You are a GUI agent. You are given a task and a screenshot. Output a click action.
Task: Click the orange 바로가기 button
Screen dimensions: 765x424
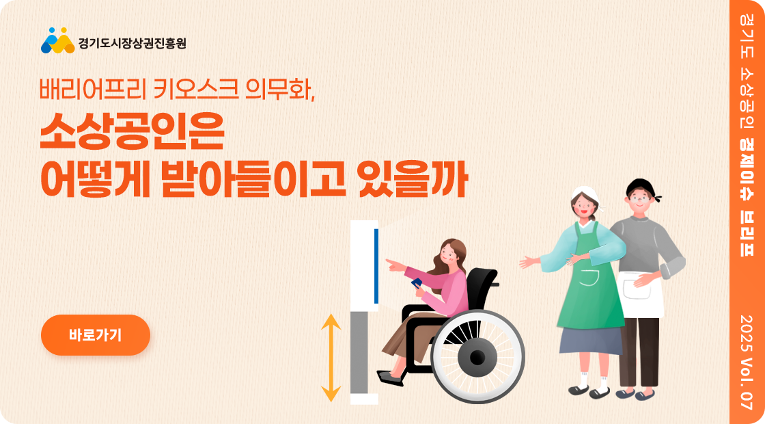(95, 335)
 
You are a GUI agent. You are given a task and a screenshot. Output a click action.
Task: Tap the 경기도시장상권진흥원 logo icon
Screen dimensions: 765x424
(57, 40)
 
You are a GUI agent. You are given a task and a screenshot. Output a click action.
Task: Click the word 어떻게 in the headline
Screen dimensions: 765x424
(95, 182)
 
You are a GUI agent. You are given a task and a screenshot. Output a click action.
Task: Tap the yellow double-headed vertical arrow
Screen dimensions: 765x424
(331, 358)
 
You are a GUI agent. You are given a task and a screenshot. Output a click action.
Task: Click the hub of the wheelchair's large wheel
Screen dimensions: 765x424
(477, 357)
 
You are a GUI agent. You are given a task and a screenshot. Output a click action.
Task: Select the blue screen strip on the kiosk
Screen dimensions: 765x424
(376, 266)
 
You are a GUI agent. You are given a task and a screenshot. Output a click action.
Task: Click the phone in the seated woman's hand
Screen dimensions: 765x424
(417, 283)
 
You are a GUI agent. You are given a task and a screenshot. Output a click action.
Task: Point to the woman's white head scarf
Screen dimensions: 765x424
(587, 194)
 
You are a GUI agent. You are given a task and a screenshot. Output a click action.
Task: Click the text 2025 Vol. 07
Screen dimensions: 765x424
(747, 362)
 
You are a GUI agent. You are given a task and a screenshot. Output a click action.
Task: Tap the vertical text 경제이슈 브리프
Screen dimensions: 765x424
(747, 196)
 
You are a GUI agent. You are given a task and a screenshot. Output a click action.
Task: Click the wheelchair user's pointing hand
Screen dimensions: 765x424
(394, 265)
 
